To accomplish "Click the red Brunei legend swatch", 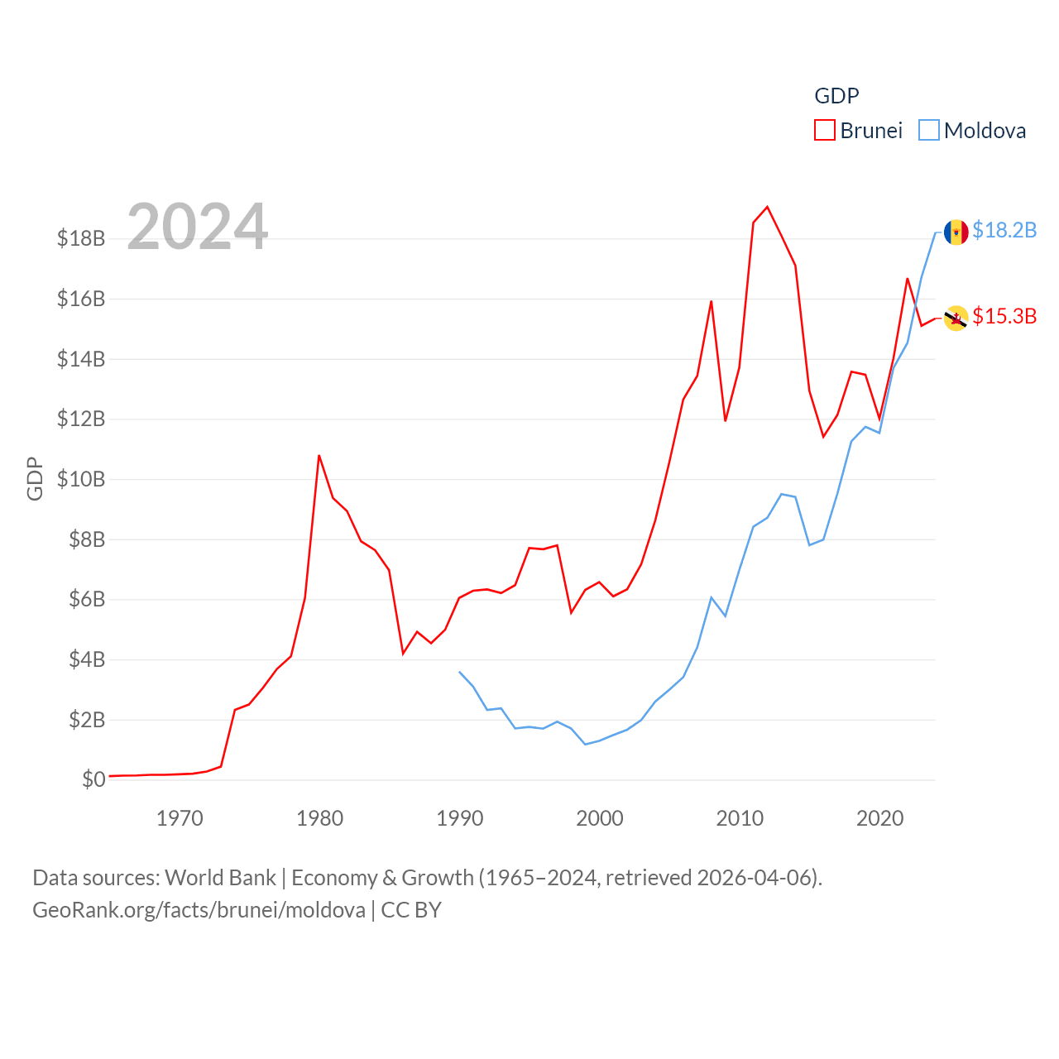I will pos(825,131).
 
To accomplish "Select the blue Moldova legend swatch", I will pos(929,131).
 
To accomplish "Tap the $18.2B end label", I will pos(1004,230).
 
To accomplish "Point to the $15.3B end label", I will pos(1004,316).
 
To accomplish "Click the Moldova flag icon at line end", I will pos(956,232).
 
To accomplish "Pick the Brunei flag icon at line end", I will pos(956,319).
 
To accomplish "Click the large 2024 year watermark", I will pos(198,227).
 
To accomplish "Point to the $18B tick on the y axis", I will pos(81,239).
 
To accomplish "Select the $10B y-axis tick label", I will pos(81,479).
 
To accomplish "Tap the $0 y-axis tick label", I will pos(93,779).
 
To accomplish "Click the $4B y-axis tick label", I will pos(87,659).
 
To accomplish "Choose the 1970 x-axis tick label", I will pos(180,819).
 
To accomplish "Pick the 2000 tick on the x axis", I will pos(600,819).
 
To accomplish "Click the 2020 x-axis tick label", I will pos(879,819).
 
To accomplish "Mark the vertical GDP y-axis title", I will pos(35,478).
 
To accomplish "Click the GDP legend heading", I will pos(836,96).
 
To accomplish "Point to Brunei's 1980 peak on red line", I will pos(319,455).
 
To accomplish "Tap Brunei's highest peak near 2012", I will pos(768,207).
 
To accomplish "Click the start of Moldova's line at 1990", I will pos(460,672).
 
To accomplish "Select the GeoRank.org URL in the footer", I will pos(199,910).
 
